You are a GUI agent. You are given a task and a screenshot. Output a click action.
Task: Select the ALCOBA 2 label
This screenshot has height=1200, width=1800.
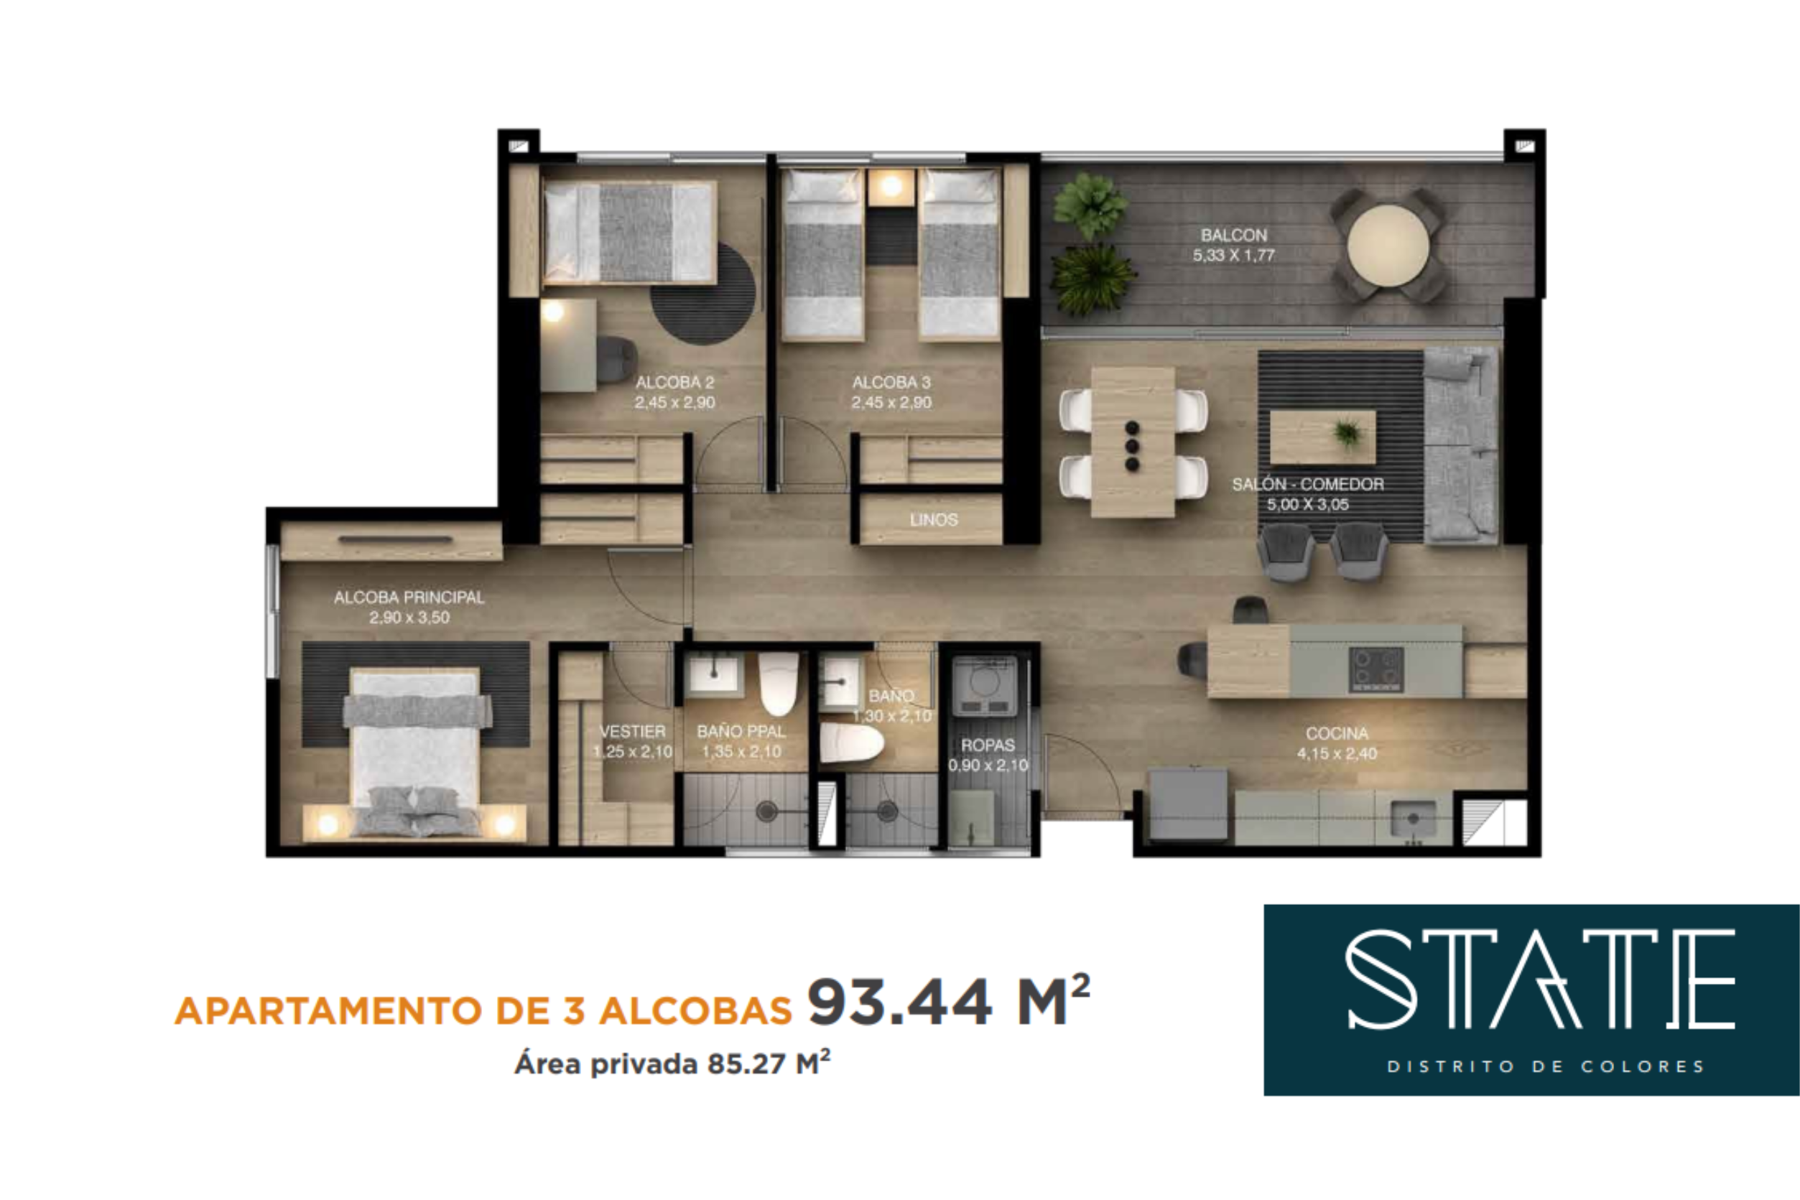click(x=675, y=382)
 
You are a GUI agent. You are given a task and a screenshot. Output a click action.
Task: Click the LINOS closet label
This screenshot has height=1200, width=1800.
click(x=934, y=520)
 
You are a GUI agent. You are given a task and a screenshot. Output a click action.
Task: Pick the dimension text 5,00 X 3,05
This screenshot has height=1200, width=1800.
click(x=1308, y=504)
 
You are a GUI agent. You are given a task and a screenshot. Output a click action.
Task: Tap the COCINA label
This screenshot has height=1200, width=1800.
click(x=1337, y=733)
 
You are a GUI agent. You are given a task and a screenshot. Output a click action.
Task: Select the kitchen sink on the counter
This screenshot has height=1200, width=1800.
click(x=1414, y=819)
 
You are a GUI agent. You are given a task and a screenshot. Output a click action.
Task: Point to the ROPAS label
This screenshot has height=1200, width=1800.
click(x=988, y=745)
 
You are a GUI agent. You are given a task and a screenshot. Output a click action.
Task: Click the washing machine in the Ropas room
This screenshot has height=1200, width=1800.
click(x=984, y=685)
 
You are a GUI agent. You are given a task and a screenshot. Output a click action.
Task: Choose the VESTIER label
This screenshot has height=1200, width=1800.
click(x=632, y=731)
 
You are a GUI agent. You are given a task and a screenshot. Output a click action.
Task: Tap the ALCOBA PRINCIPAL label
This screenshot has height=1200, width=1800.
click(x=409, y=597)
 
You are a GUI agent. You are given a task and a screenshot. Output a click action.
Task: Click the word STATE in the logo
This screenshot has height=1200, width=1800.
click(x=1540, y=980)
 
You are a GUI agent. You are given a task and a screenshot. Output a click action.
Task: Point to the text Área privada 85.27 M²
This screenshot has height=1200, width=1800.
click(x=673, y=1064)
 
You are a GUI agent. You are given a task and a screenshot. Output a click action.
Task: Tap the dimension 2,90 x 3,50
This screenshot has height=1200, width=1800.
click(x=409, y=617)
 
